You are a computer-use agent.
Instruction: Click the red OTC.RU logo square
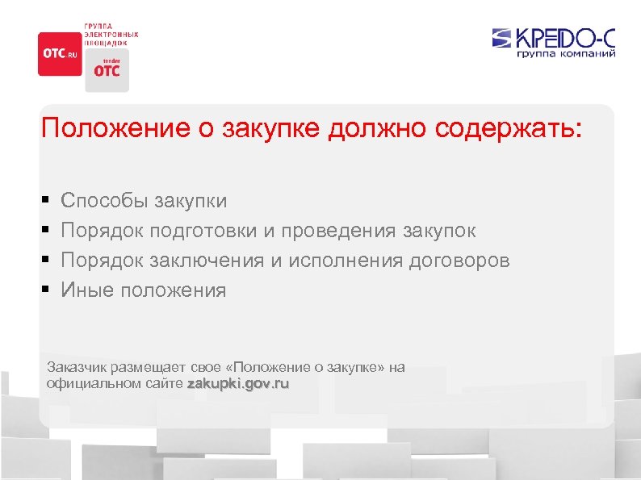click(x=60, y=53)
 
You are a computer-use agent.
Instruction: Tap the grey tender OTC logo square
click(x=107, y=69)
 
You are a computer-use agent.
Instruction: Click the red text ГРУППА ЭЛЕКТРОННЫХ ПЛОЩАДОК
click(x=111, y=35)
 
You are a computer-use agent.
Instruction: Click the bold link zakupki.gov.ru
click(x=237, y=384)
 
